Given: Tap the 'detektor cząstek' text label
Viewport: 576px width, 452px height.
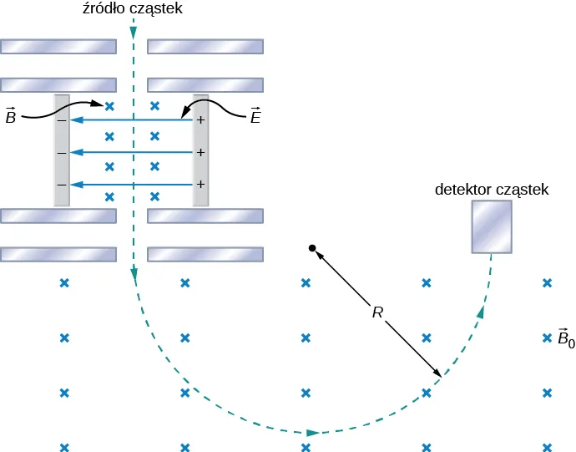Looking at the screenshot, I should (x=492, y=190).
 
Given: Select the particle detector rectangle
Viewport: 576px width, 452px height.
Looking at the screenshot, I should (x=491, y=227).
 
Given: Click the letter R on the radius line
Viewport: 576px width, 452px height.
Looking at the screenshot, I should (x=378, y=313).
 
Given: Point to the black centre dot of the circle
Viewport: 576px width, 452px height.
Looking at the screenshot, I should (x=311, y=248).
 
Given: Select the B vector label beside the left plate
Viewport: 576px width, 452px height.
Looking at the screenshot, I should (x=11, y=116).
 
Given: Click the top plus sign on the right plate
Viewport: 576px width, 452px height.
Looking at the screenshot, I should (x=200, y=121).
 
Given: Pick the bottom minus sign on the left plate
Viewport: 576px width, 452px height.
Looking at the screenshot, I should (x=61, y=185).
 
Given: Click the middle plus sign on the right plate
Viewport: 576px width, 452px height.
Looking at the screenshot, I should (x=200, y=154).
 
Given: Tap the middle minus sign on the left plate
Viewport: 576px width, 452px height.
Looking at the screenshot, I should (x=61, y=154).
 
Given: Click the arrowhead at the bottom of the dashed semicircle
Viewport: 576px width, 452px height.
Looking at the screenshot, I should (x=313, y=433).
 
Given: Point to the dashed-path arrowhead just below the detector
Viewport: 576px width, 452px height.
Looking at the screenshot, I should (x=481, y=312).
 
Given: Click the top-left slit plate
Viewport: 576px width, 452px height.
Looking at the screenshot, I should (x=58, y=45).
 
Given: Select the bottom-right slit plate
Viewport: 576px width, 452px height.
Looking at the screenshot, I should (x=205, y=253).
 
